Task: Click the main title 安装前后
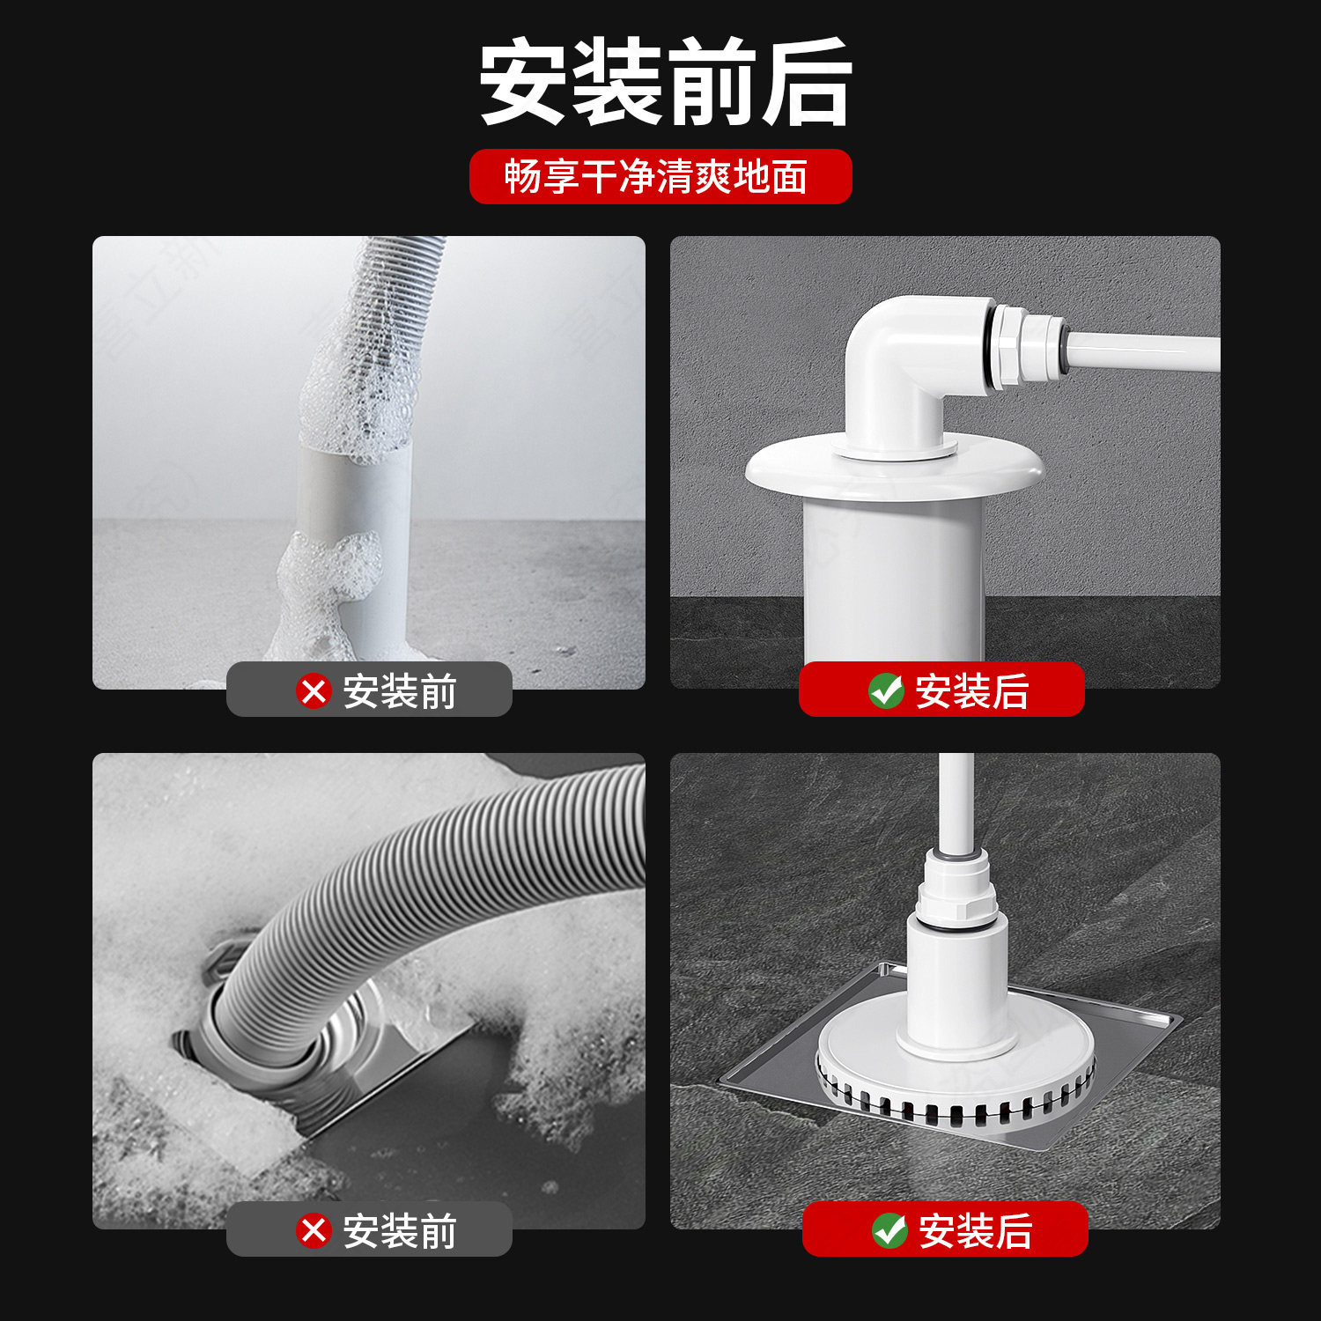tap(665, 82)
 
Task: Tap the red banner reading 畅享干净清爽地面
tap(660, 176)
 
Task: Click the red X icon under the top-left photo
tap(314, 691)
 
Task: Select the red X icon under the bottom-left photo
tap(314, 1230)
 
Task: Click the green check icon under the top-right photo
tap(886, 691)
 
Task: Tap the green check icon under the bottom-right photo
tap(889, 1230)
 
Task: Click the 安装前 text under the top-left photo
tap(399, 691)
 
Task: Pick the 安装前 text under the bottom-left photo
tap(399, 1230)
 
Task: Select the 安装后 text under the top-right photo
tap(971, 691)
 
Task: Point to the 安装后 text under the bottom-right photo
tap(975, 1230)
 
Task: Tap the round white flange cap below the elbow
tap(894, 471)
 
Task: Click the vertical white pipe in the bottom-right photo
tap(956, 801)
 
